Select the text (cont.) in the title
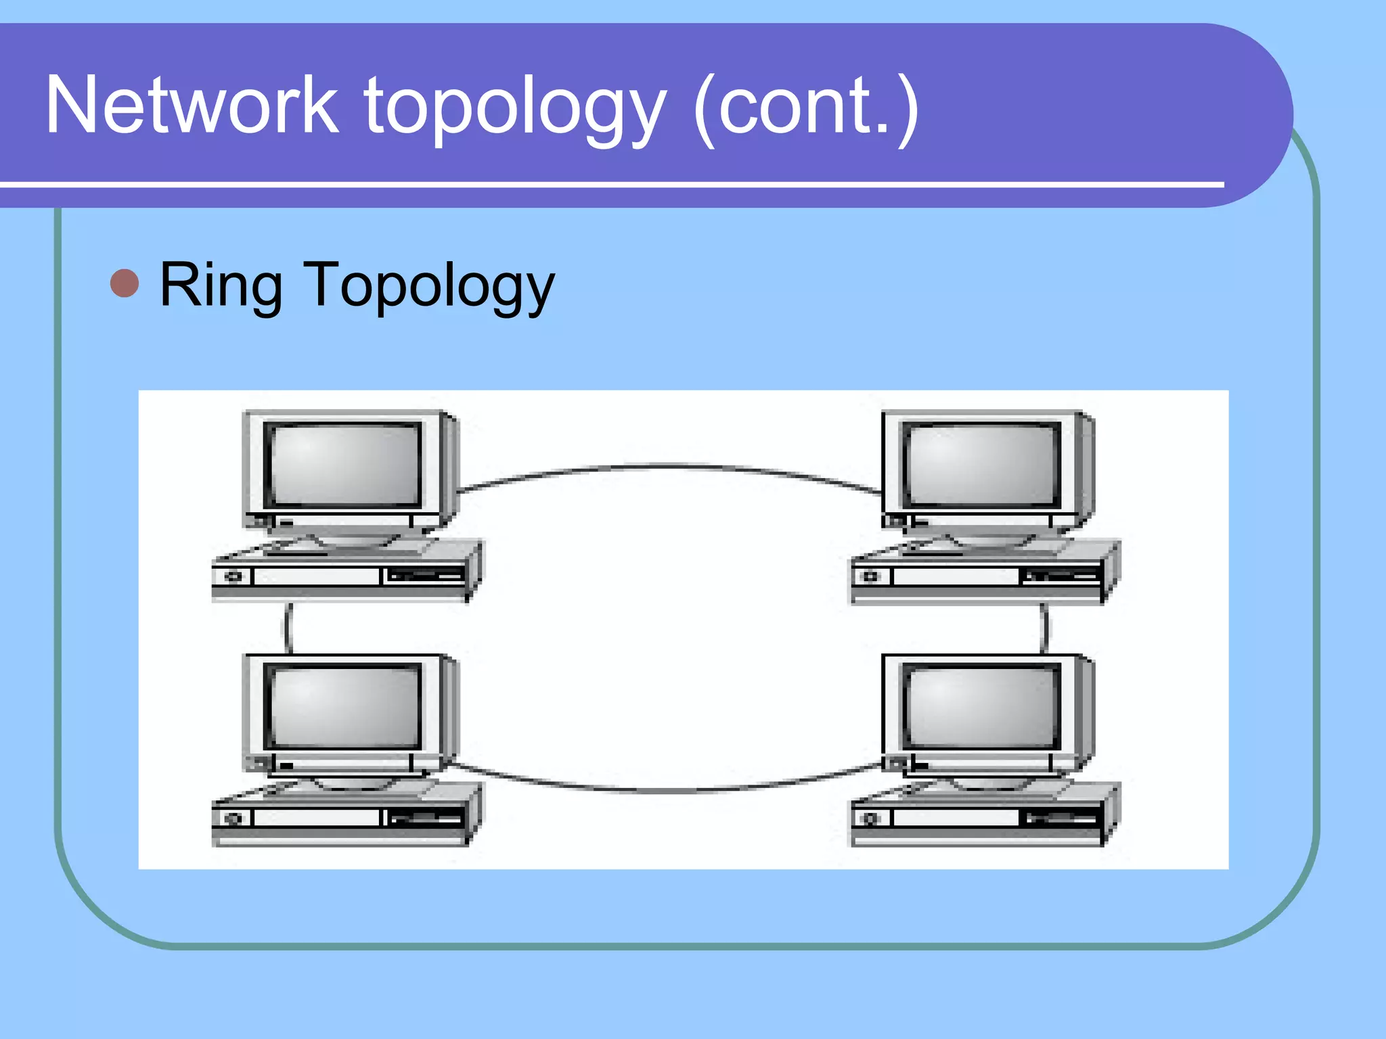806,108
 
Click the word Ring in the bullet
221,286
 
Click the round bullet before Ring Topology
125,283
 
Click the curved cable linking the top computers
670,465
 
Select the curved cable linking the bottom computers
670,790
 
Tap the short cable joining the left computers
288,628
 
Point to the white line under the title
609,184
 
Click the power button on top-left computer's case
234,576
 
